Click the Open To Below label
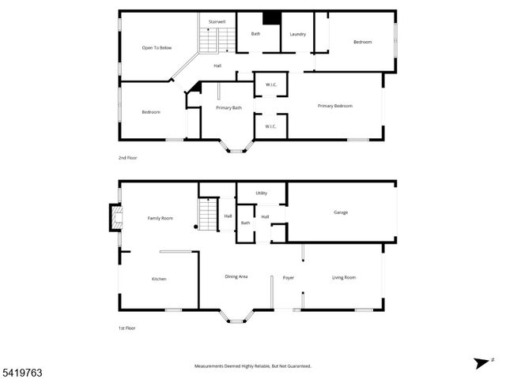tap(157, 48)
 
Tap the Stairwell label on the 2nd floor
tap(217, 21)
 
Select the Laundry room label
tap(297, 34)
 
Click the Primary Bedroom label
tap(334, 106)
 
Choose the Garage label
tap(341, 212)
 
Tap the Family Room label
tap(160, 218)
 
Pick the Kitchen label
tap(159, 279)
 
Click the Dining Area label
tap(237, 276)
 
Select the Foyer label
tap(289, 277)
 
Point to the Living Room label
tap(344, 277)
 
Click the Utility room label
tap(262, 193)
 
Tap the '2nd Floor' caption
tap(128, 159)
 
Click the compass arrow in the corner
tap(481, 362)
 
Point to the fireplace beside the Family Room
tap(115, 216)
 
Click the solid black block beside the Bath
tap(272, 19)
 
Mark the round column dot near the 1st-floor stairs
tap(196, 227)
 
